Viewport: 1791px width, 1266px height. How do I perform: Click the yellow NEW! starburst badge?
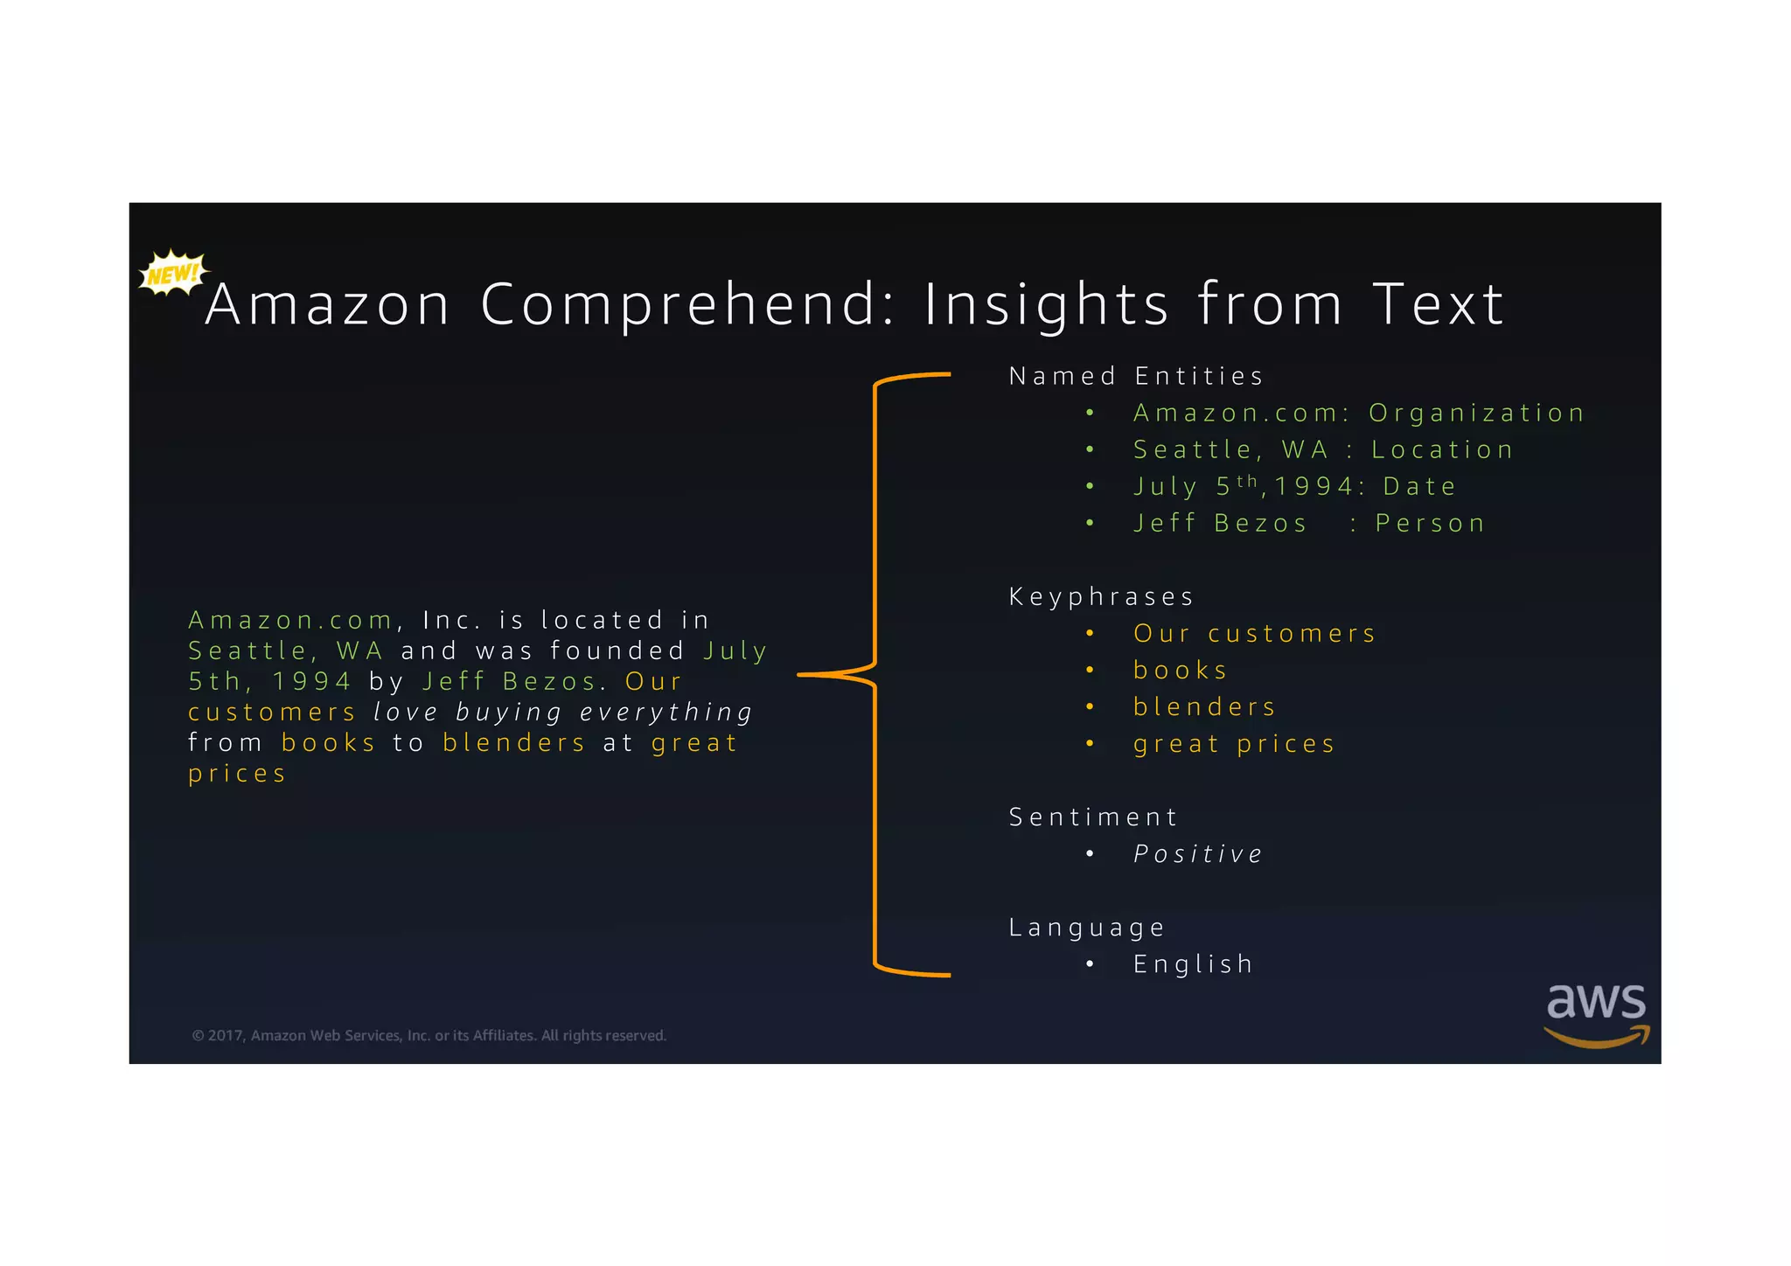coord(173,274)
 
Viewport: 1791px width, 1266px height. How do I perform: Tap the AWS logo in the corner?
coord(1596,1013)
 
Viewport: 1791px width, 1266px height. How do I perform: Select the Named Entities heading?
coord(1136,376)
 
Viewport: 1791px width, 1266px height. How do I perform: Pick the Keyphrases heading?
coord(1101,596)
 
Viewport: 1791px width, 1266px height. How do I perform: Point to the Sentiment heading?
coord(1093,817)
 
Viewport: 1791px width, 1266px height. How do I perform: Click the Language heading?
coord(1087,927)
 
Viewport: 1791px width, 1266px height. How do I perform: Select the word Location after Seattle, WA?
coord(1442,449)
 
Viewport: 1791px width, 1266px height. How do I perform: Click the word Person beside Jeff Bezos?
coord(1430,523)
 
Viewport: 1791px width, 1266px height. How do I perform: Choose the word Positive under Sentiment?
coord(1198,853)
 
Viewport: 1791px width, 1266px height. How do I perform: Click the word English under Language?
coord(1193,963)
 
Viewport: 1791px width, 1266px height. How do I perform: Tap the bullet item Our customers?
coord(1254,633)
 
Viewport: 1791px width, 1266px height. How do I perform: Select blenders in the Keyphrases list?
coord(1204,706)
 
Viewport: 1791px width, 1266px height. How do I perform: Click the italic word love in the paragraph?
coord(405,712)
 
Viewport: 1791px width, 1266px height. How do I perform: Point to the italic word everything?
coord(666,712)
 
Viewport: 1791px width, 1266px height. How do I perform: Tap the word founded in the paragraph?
coord(617,650)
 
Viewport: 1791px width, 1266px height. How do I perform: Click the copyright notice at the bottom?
coord(429,1035)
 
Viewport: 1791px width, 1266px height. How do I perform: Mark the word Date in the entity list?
coord(1419,486)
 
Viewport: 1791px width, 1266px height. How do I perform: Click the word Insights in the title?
coord(1047,304)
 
